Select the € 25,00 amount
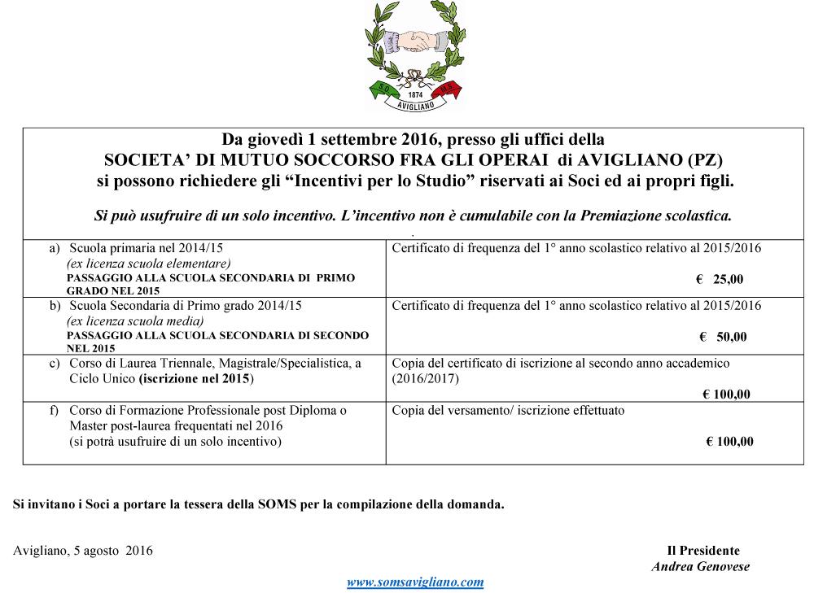click(x=720, y=279)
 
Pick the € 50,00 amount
click(x=723, y=337)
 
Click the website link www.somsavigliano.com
click(x=415, y=582)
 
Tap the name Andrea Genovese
click(x=700, y=567)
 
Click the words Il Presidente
click(x=703, y=551)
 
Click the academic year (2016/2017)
click(x=426, y=379)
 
